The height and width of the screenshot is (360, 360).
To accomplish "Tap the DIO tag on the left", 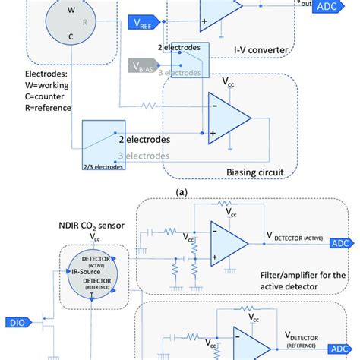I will point(16,321).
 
